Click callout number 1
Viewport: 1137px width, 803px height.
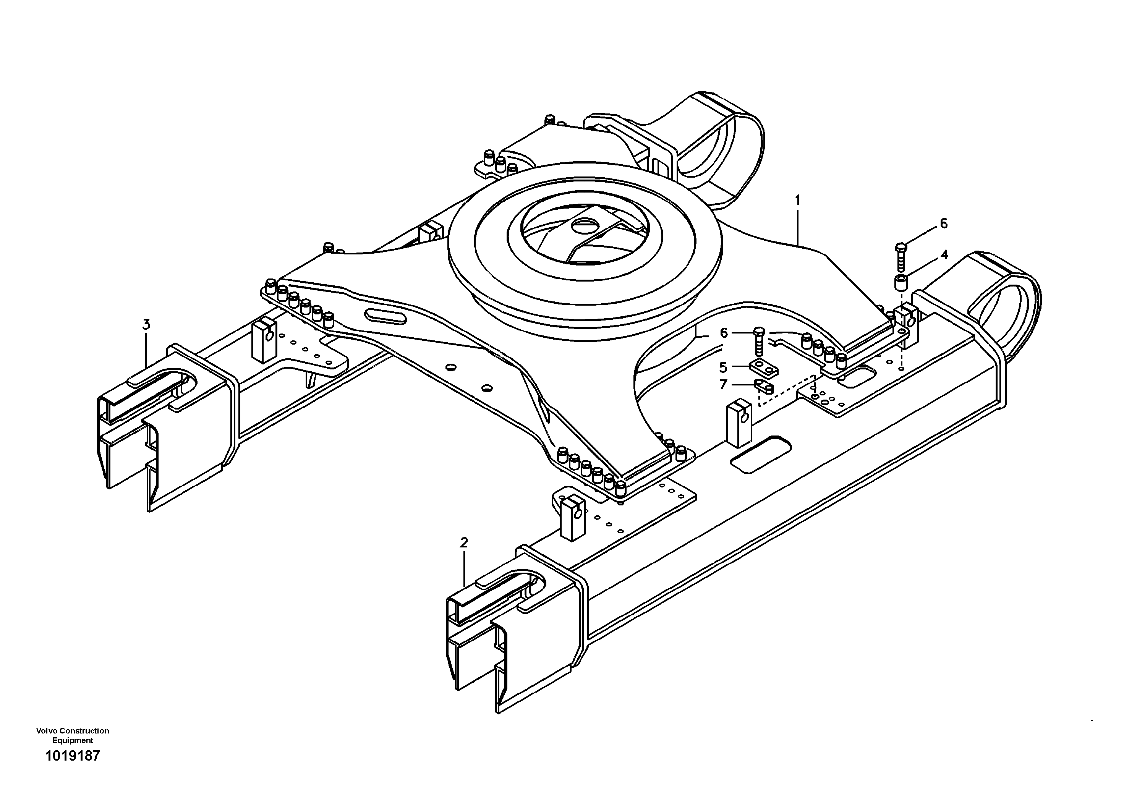pos(797,200)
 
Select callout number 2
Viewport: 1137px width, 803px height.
pos(463,542)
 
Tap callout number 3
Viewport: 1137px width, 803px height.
pos(146,325)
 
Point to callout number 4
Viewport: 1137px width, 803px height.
pos(944,254)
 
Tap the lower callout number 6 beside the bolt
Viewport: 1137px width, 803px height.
pos(724,333)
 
